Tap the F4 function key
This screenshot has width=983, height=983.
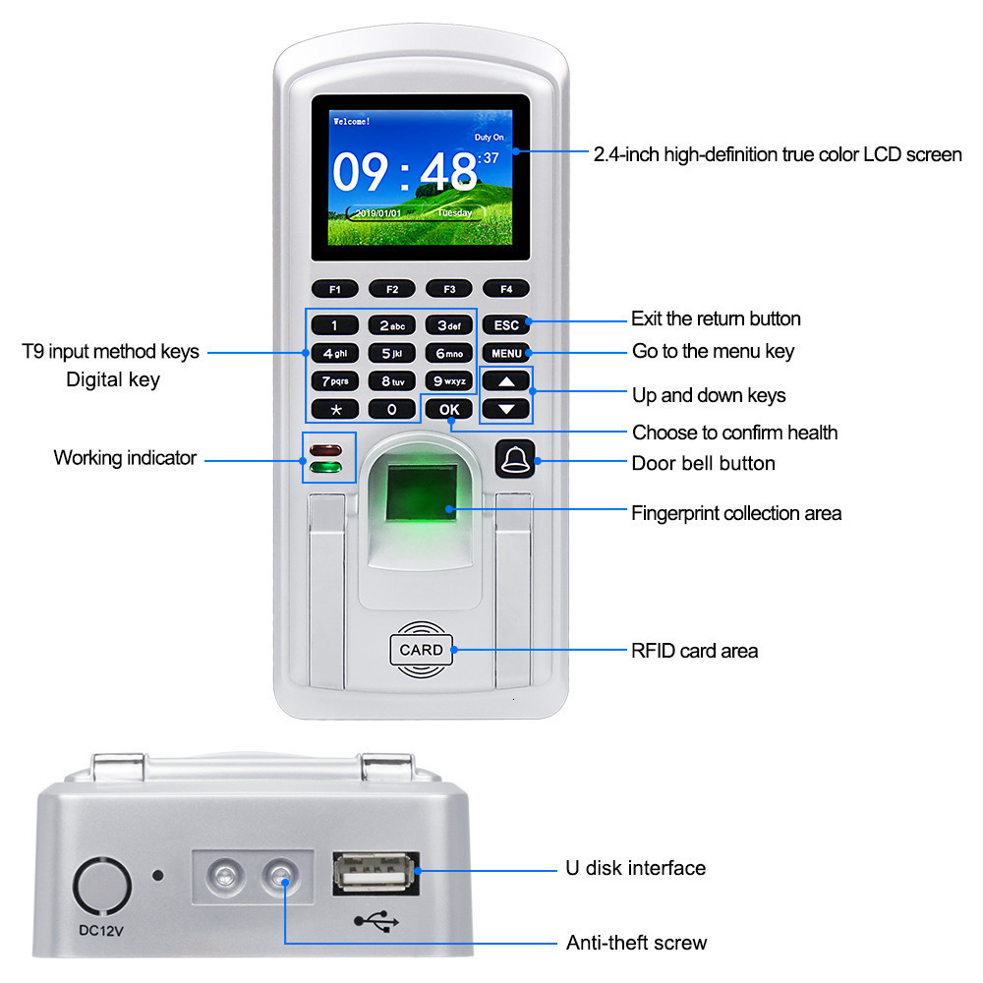pos(506,289)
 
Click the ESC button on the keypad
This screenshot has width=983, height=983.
pos(506,325)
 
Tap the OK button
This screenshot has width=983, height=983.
pos(449,409)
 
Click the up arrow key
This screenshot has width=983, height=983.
pos(505,381)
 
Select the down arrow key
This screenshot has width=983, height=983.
pos(505,408)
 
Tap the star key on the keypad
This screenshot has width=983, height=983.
pos(335,409)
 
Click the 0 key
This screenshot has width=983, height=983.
pos(392,409)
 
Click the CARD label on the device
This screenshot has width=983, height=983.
pos(422,650)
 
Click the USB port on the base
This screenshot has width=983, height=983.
pos(376,872)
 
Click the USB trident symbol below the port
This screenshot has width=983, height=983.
pos(376,922)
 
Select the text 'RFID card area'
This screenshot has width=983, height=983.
pos(694,651)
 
